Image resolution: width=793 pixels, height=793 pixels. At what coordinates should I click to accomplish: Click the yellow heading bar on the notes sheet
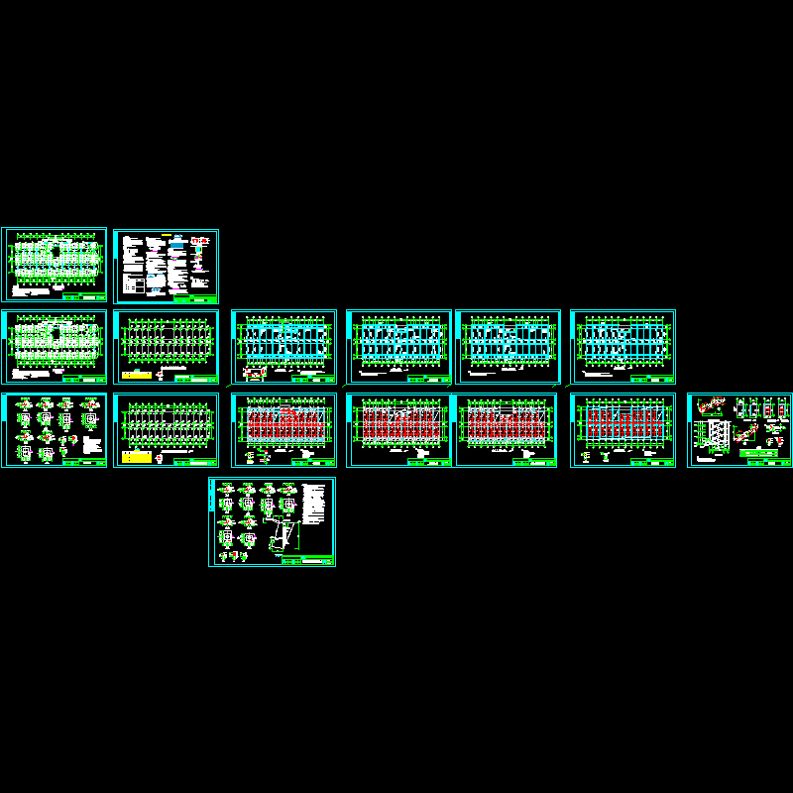pos(179,235)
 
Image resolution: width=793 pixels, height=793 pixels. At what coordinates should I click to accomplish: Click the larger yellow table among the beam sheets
pos(135,457)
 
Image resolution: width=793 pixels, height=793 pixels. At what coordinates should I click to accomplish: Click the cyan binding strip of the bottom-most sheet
pos(211,522)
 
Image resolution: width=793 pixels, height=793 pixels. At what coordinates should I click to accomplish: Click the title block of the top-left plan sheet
pos(82,296)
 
